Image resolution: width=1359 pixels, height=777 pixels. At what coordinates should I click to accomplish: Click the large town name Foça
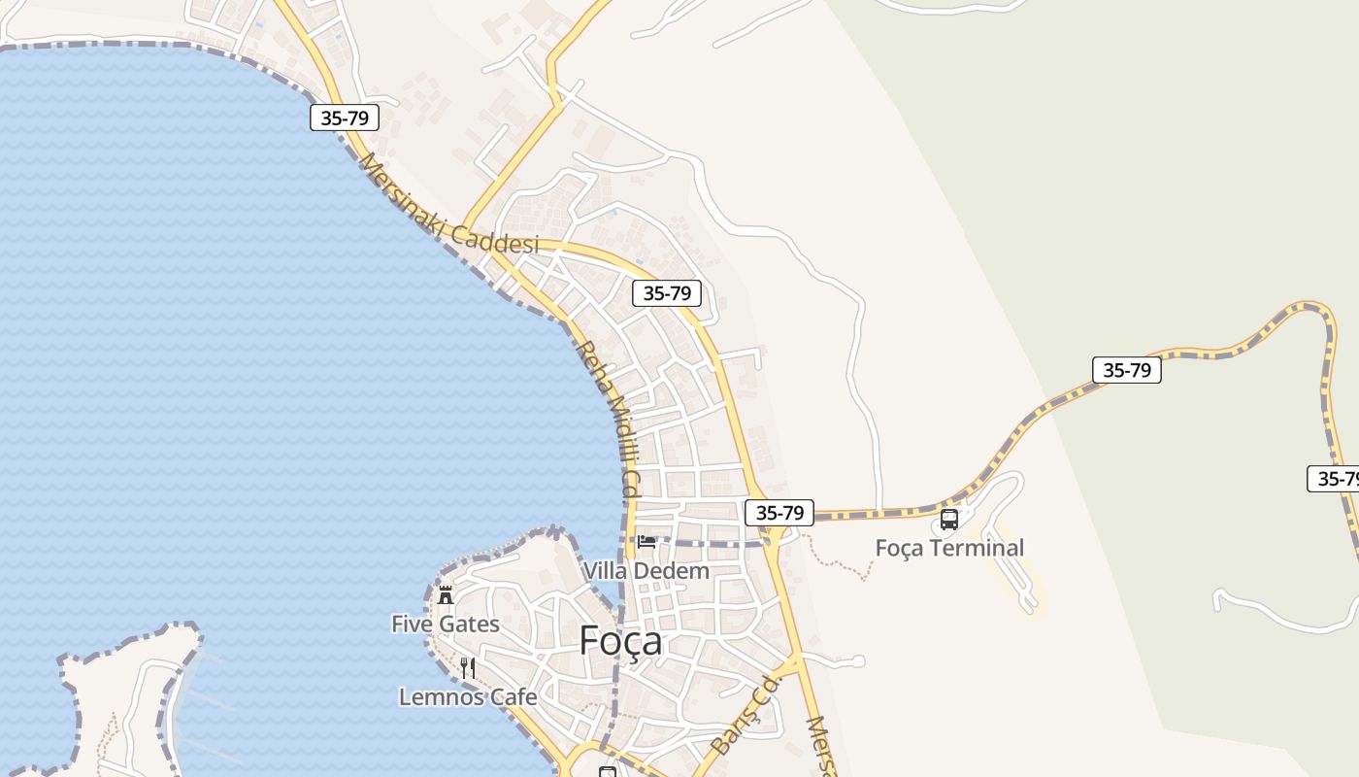pos(620,641)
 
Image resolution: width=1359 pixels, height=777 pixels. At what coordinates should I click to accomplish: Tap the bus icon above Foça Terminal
pos(949,520)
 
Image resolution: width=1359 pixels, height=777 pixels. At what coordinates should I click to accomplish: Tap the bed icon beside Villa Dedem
pos(646,542)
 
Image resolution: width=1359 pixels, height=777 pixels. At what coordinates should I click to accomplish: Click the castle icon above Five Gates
pos(446,594)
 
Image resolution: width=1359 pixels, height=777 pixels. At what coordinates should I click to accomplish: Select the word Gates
pos(468,624)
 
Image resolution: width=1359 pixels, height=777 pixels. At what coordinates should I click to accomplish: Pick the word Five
pos(412,624)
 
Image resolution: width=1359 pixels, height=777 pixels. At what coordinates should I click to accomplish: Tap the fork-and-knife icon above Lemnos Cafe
pos(468,667)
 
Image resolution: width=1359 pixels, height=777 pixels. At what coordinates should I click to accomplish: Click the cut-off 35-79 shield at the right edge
pos(1334,479)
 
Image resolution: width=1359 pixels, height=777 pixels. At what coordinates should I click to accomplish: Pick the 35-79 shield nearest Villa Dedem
pos(779,513)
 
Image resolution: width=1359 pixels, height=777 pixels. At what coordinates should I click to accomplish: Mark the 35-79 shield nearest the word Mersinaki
pos(345,118)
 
